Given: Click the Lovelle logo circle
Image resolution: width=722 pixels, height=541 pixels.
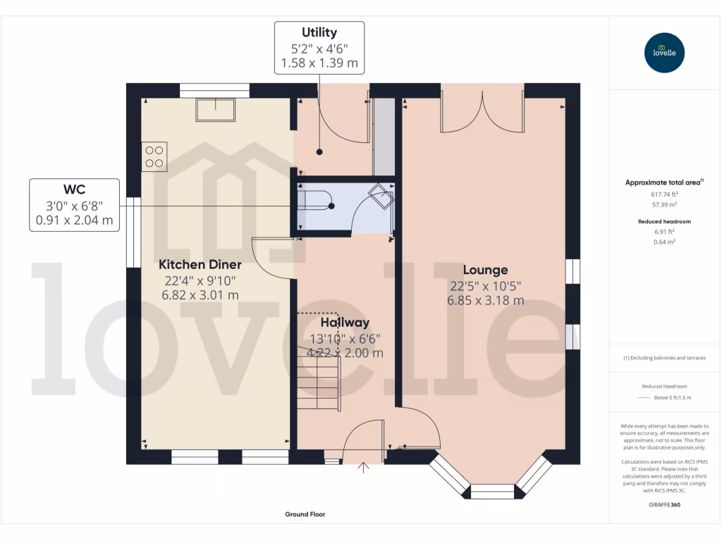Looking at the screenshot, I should [x=665, y=52].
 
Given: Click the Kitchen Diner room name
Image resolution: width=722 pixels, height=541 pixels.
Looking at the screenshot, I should [x=200, y=265].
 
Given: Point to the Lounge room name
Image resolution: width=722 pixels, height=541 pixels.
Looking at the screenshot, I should [x=485, y=270].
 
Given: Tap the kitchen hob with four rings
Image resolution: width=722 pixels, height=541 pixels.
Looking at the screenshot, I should [x=155, y=156].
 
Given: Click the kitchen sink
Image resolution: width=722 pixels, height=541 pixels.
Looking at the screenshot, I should [x=216, y=110].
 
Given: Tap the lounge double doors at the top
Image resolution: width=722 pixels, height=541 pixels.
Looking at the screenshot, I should [x=483, y=109].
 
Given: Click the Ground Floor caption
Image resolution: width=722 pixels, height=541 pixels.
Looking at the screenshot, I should [x=305, y=515].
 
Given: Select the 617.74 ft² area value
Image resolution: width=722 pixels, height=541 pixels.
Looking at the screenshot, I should [x=663, y=194].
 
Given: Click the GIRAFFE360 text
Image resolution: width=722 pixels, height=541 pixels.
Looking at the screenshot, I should [x=664, y=505].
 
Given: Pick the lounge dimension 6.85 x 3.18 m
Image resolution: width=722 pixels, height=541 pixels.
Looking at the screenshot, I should [x=485, y=300].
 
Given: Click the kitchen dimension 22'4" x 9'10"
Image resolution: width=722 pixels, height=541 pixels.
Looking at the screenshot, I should [x=200, y=281].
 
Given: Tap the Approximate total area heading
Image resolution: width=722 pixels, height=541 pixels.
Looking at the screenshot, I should [x=663, y=182].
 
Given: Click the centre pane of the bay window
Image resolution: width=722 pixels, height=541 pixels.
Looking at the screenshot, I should [x=492, y=491].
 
